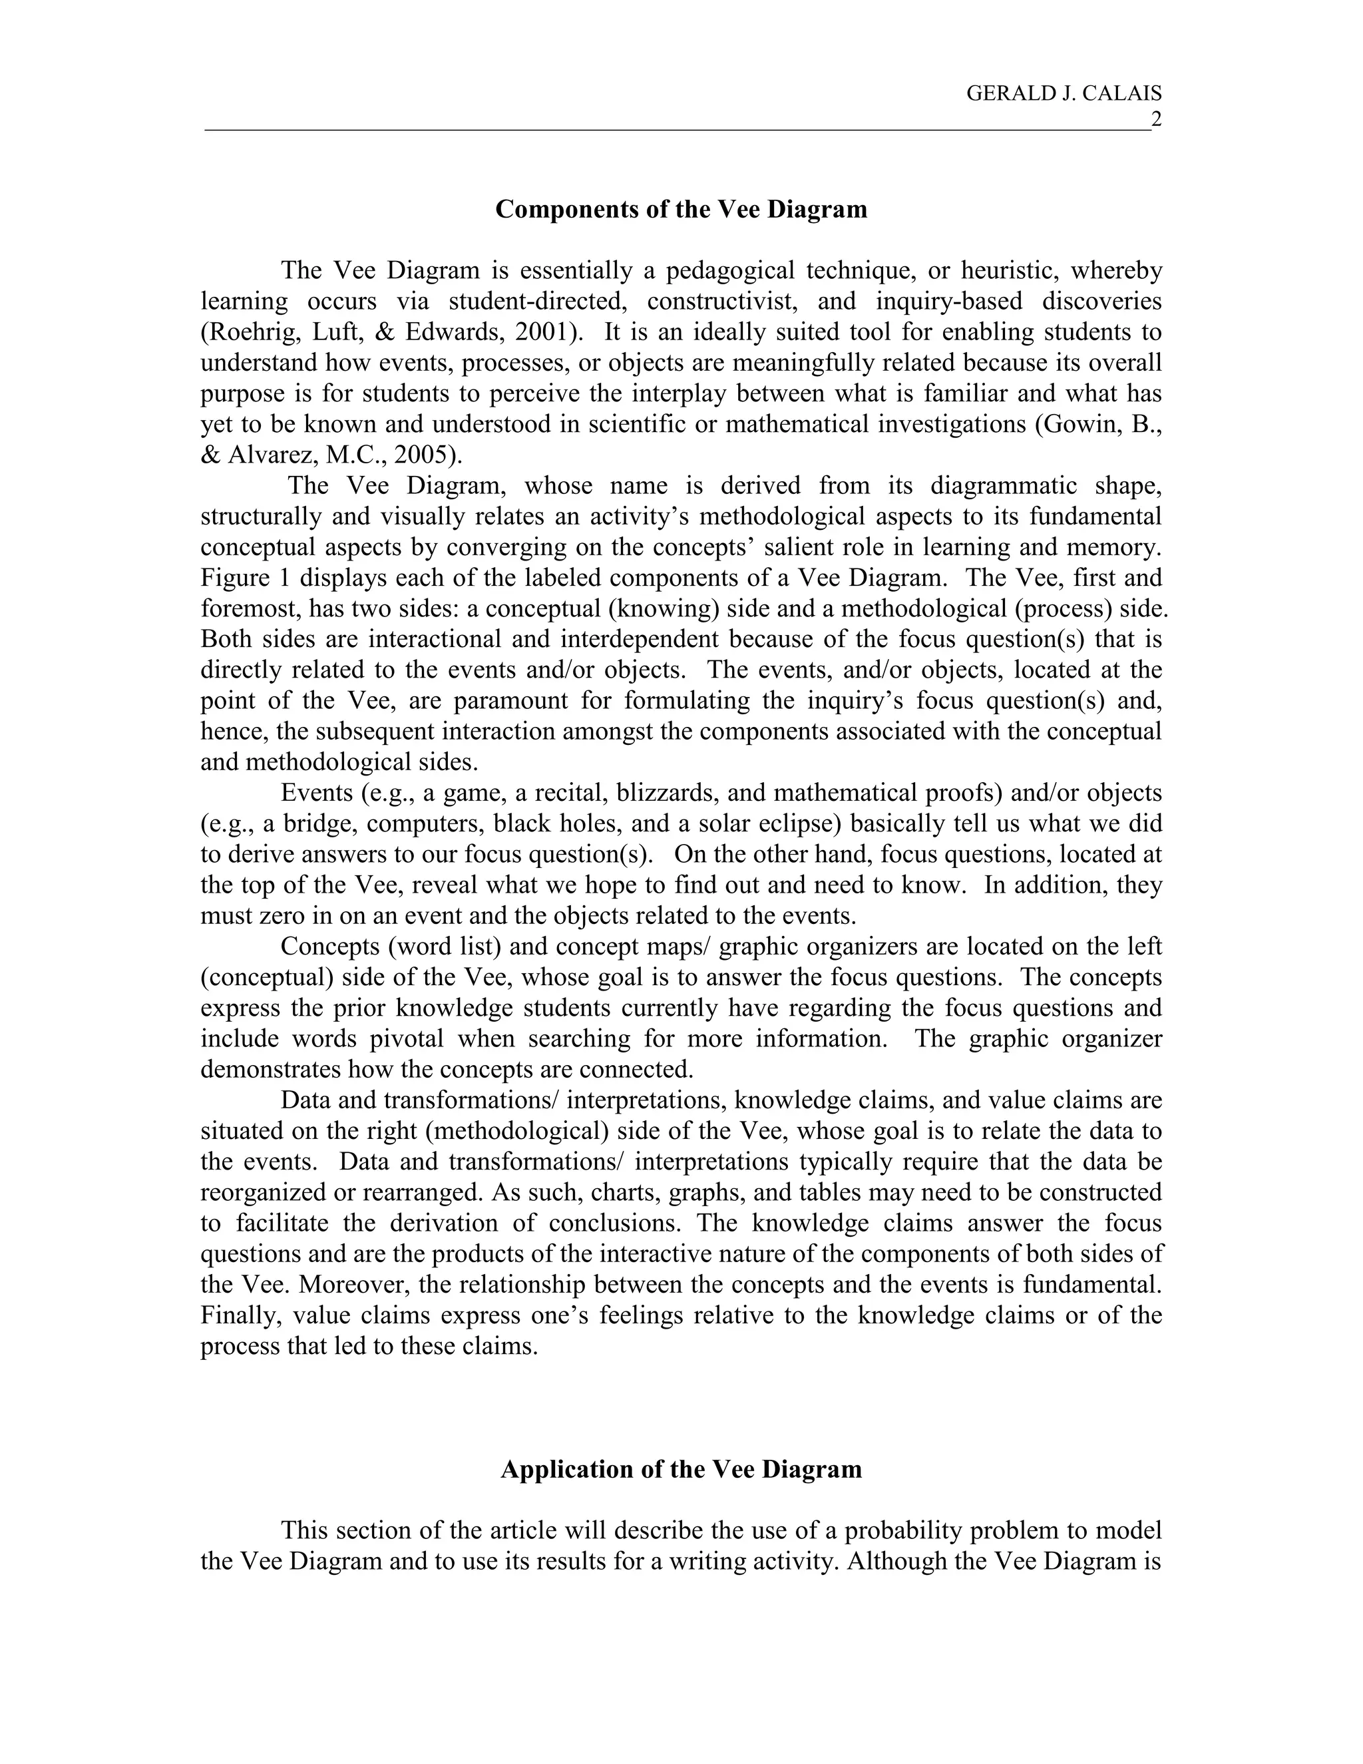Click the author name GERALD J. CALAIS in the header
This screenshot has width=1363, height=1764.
click(1064, 94)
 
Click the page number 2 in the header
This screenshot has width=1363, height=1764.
click(1155, 120)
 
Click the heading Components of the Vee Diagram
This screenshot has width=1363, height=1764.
click(681, 209)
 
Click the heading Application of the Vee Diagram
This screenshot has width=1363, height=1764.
click(681, 1469)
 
